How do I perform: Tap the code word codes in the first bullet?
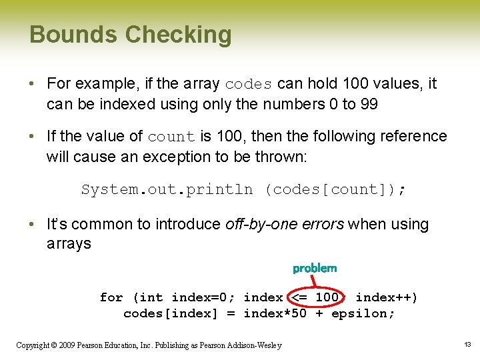point(249,85)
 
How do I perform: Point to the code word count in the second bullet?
point(171,137)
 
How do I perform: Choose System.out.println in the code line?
point(167,189)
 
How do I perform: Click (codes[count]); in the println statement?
point(335,189)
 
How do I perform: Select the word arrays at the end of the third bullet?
point(69,244)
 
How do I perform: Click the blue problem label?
point(315,268)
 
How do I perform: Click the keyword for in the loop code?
point(111,297)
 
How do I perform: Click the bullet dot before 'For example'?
point(33,85)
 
